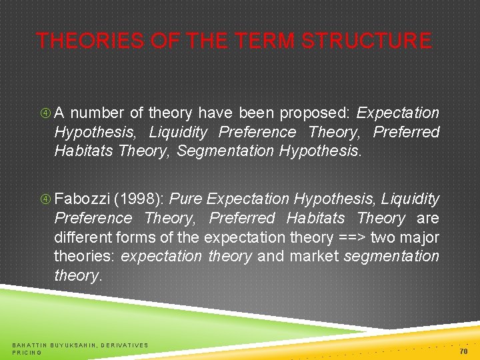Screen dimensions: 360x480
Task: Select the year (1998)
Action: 140,199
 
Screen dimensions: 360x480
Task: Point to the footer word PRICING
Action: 27,352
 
